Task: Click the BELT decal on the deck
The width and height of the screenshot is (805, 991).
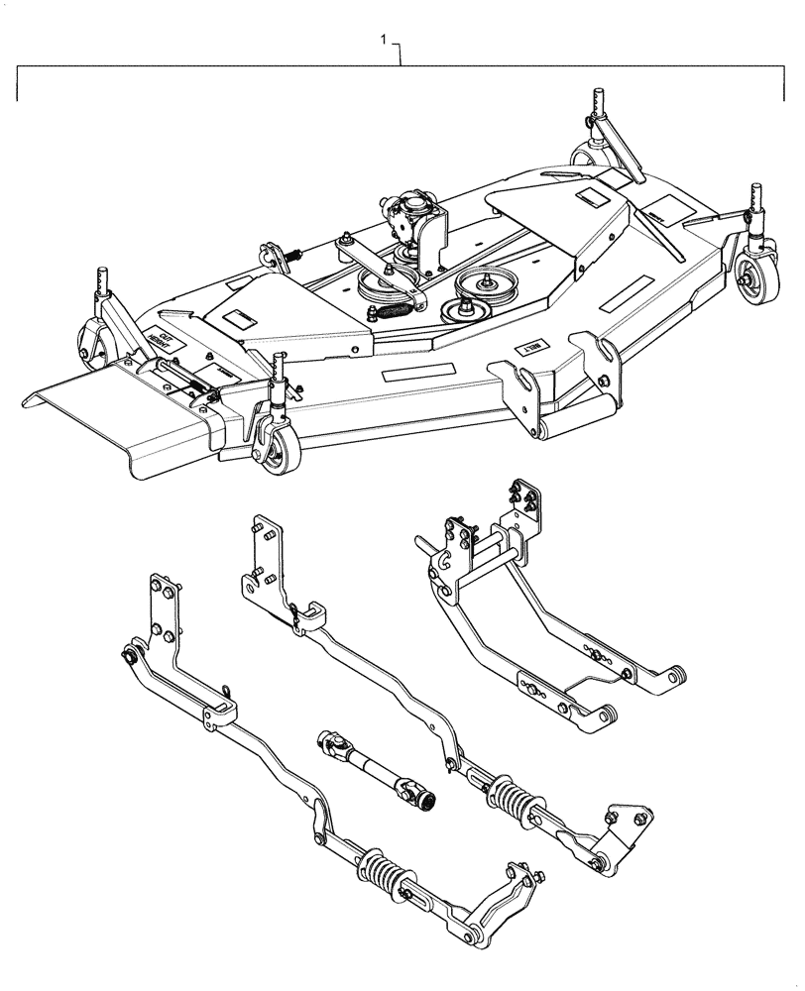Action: [527, 349]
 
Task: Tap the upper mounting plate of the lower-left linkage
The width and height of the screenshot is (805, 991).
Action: [162, 609]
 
